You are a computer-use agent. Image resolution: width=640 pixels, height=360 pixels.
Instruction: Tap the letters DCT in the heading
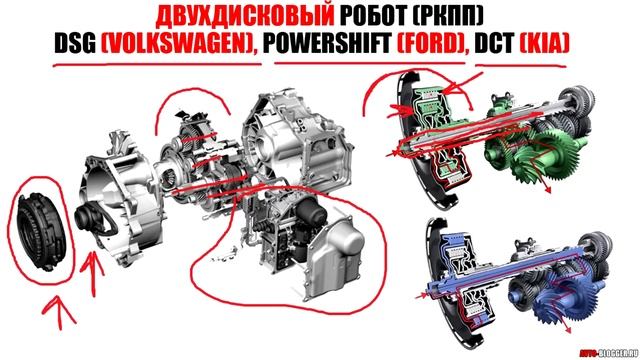pos(512,47)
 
